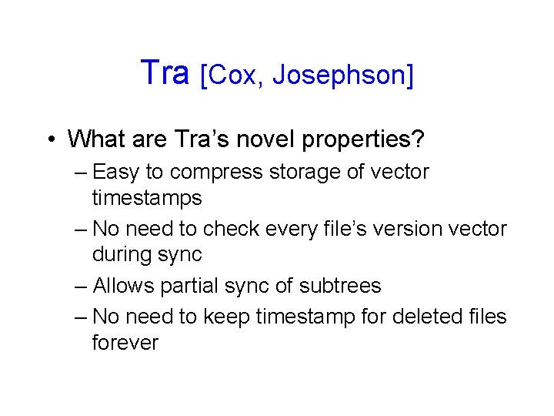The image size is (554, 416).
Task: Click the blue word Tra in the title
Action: point(165,73)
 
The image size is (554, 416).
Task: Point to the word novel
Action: point(270,139)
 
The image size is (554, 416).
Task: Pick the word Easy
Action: point(117,173)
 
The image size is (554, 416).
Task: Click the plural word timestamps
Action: point(147,199)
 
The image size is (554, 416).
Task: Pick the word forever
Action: point(125,343)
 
